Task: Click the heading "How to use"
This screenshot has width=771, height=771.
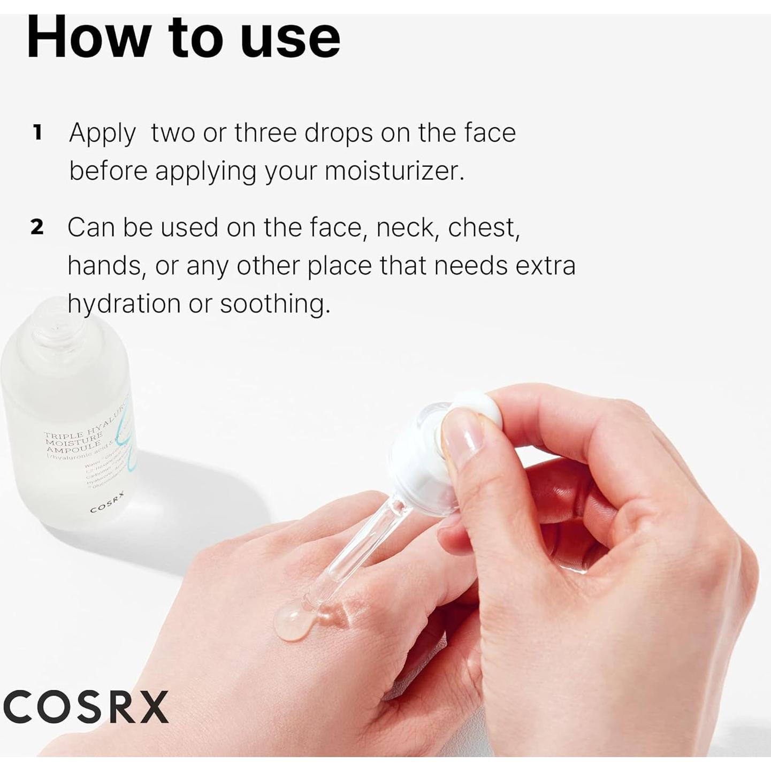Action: [183, 37]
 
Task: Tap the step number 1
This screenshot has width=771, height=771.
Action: [37, 133]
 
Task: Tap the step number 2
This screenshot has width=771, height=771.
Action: [36, 227]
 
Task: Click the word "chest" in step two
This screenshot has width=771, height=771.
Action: [483, 227]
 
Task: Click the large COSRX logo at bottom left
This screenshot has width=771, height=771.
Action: [86, 707]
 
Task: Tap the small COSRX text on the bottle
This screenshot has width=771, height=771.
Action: [107, 502]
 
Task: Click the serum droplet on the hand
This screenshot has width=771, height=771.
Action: [294, 623]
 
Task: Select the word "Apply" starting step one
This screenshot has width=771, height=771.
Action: [102, 133]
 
